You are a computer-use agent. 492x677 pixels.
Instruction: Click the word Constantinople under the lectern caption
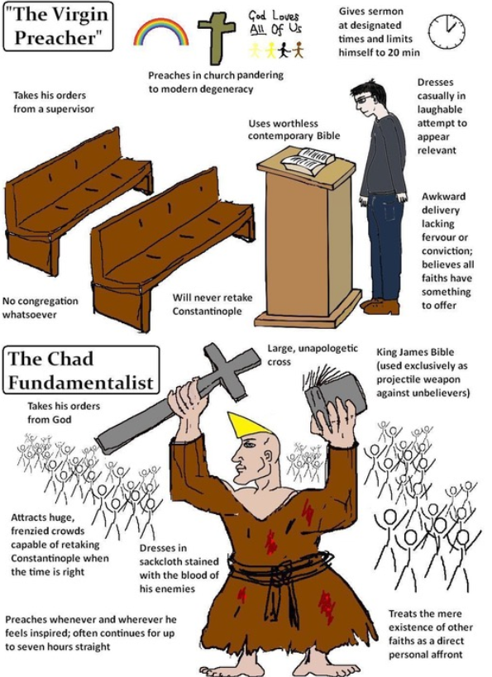point(207,311)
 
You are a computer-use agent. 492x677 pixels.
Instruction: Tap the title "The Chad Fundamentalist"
point(80,370)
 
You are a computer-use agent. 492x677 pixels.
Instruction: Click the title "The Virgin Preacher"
point(59,26)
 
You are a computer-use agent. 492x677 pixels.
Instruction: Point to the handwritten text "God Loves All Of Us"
point(275,23)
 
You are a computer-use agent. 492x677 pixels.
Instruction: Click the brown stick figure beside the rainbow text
point(298,50)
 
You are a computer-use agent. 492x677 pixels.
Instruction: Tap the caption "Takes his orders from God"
point(64,412)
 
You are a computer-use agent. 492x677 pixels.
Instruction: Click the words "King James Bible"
point(415,352)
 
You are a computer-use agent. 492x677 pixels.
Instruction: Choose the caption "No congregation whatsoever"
point(41,308)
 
